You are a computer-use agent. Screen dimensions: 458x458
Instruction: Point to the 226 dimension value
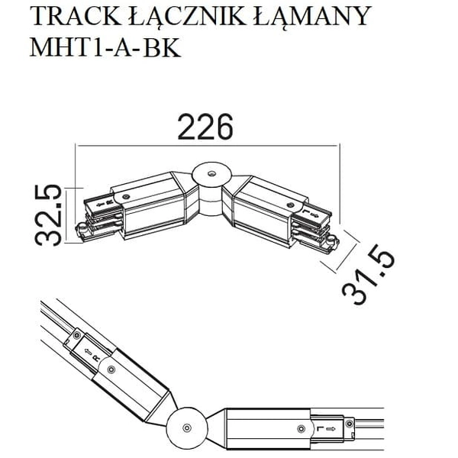[x=205, y=127]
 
